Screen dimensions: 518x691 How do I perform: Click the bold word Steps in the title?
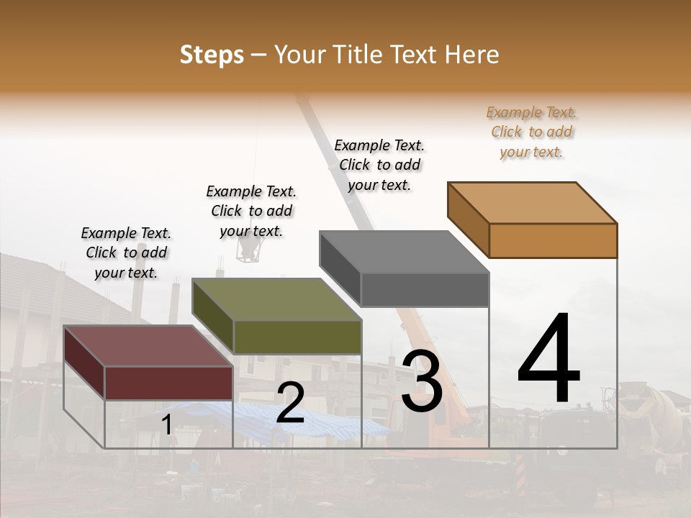212,55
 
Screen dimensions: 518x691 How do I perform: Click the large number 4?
548,360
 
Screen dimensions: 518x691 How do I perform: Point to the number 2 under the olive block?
290,404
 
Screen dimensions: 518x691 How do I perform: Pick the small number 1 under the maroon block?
166,425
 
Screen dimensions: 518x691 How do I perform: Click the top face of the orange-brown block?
533,203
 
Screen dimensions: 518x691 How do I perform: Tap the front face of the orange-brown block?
553,240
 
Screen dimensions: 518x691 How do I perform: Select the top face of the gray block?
404,252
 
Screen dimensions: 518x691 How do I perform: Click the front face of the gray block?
425,290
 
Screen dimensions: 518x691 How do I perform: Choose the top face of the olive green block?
276,299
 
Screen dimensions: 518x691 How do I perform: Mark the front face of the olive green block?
297,337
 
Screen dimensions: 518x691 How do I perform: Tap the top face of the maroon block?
148,346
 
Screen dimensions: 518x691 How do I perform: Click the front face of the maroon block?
168,383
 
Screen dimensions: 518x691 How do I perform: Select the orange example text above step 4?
532,132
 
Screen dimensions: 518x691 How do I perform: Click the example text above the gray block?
379,165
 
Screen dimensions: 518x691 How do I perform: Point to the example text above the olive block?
251,211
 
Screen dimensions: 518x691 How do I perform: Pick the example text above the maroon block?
126,253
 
